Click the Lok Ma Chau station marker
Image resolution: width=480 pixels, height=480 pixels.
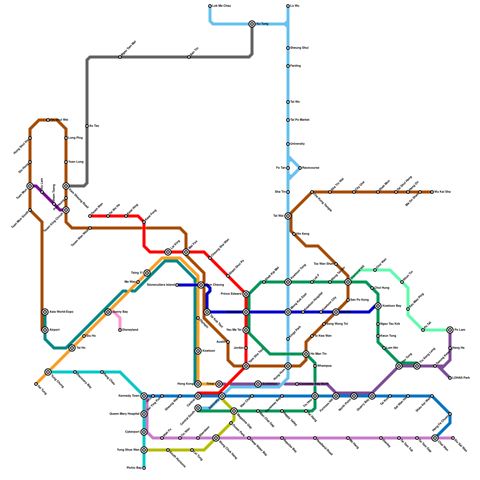tap(210, 6)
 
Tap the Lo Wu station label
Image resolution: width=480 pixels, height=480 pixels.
tap(295, 6)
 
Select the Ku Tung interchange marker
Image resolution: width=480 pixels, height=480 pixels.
tap(252, 24)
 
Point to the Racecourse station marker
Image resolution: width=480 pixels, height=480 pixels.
tap(300, 168)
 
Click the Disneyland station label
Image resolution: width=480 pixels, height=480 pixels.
tap(130, 330)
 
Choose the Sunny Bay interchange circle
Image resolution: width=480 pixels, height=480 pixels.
tap(108, 312)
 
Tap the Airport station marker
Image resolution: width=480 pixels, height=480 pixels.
tap(45, 330)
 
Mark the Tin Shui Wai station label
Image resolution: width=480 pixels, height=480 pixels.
tap(59, 120)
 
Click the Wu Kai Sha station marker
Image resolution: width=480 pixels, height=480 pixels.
tap(432, 192)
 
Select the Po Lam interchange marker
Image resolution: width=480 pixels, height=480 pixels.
tap(450, 330)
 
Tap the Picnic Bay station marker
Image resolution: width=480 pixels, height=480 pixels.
tap(144, 468)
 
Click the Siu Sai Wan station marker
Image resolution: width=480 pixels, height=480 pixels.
tap(453, 438)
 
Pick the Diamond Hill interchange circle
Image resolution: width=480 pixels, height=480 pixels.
tap(348, 282)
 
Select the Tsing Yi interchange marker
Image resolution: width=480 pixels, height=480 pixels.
tap(147, 273)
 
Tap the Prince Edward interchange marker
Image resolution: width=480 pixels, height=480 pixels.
tap(246, 294)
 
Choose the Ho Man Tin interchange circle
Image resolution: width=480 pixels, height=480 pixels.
tap(306, 354)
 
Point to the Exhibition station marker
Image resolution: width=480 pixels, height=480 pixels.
tap(258, 384)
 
